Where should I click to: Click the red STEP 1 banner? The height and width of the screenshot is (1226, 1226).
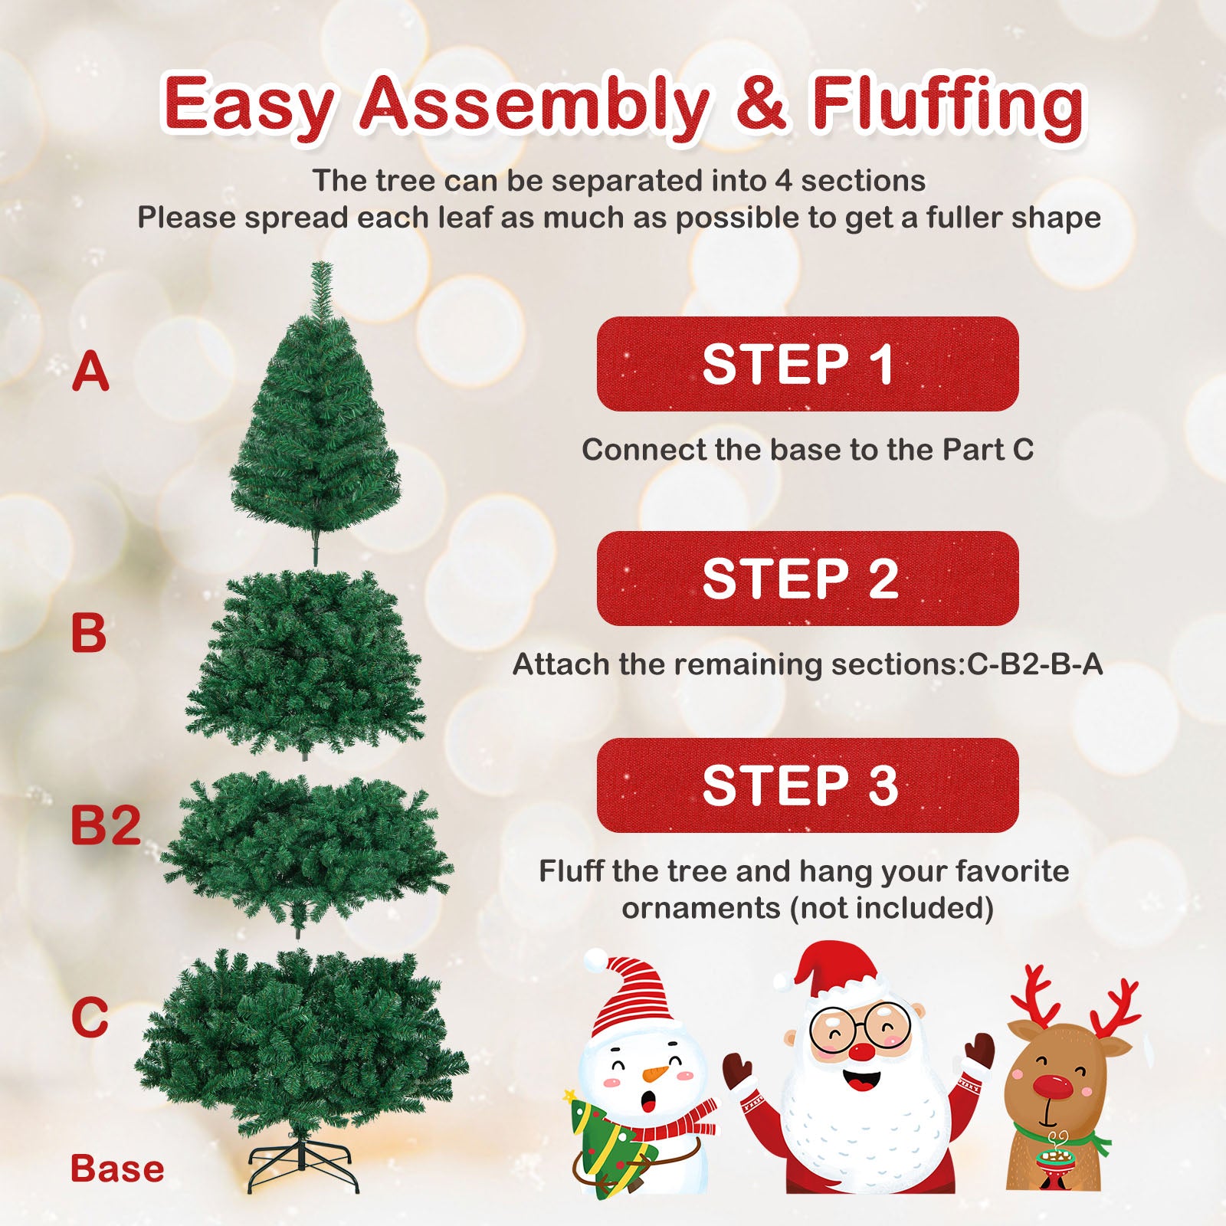pyautogui.click(x=807, y=364)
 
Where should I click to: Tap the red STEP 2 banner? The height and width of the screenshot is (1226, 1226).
pyautogui.click(x=807, y=579)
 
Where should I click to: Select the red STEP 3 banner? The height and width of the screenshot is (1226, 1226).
pyautogui.click(x=807, y=785)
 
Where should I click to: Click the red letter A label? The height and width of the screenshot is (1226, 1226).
pyautogui.click(x=90, y=372)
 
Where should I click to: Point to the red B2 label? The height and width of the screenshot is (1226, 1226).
pyautogui.click(x=106, y=825)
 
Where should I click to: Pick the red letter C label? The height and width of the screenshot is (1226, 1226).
pyautogui.click(x=90, y=1018)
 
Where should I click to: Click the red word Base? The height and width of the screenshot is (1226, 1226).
pyautogui.click(x=117, y=1169)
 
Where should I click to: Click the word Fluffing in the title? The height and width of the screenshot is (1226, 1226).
pyautogui.click(x=948, y=105)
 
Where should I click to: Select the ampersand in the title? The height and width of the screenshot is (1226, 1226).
pyautogui.click(x=760, y=105)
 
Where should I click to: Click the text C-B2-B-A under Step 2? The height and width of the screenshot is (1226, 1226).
pyautogui.click(x=1034, y=664)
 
